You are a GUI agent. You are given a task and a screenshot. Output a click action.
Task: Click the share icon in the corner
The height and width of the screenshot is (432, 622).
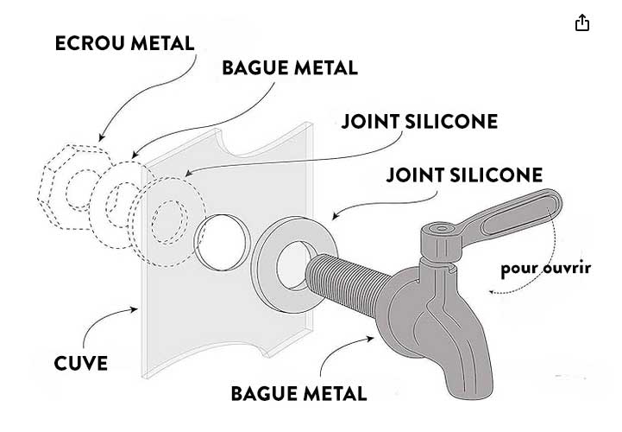point(582,23)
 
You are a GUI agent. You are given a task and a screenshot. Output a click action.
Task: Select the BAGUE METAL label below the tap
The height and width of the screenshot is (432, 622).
point(298,393)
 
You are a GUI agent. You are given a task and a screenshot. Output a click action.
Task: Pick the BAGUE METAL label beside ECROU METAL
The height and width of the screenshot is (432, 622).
point(290,68)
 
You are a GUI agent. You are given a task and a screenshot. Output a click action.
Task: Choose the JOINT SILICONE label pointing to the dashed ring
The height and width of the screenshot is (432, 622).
point(419,121)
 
